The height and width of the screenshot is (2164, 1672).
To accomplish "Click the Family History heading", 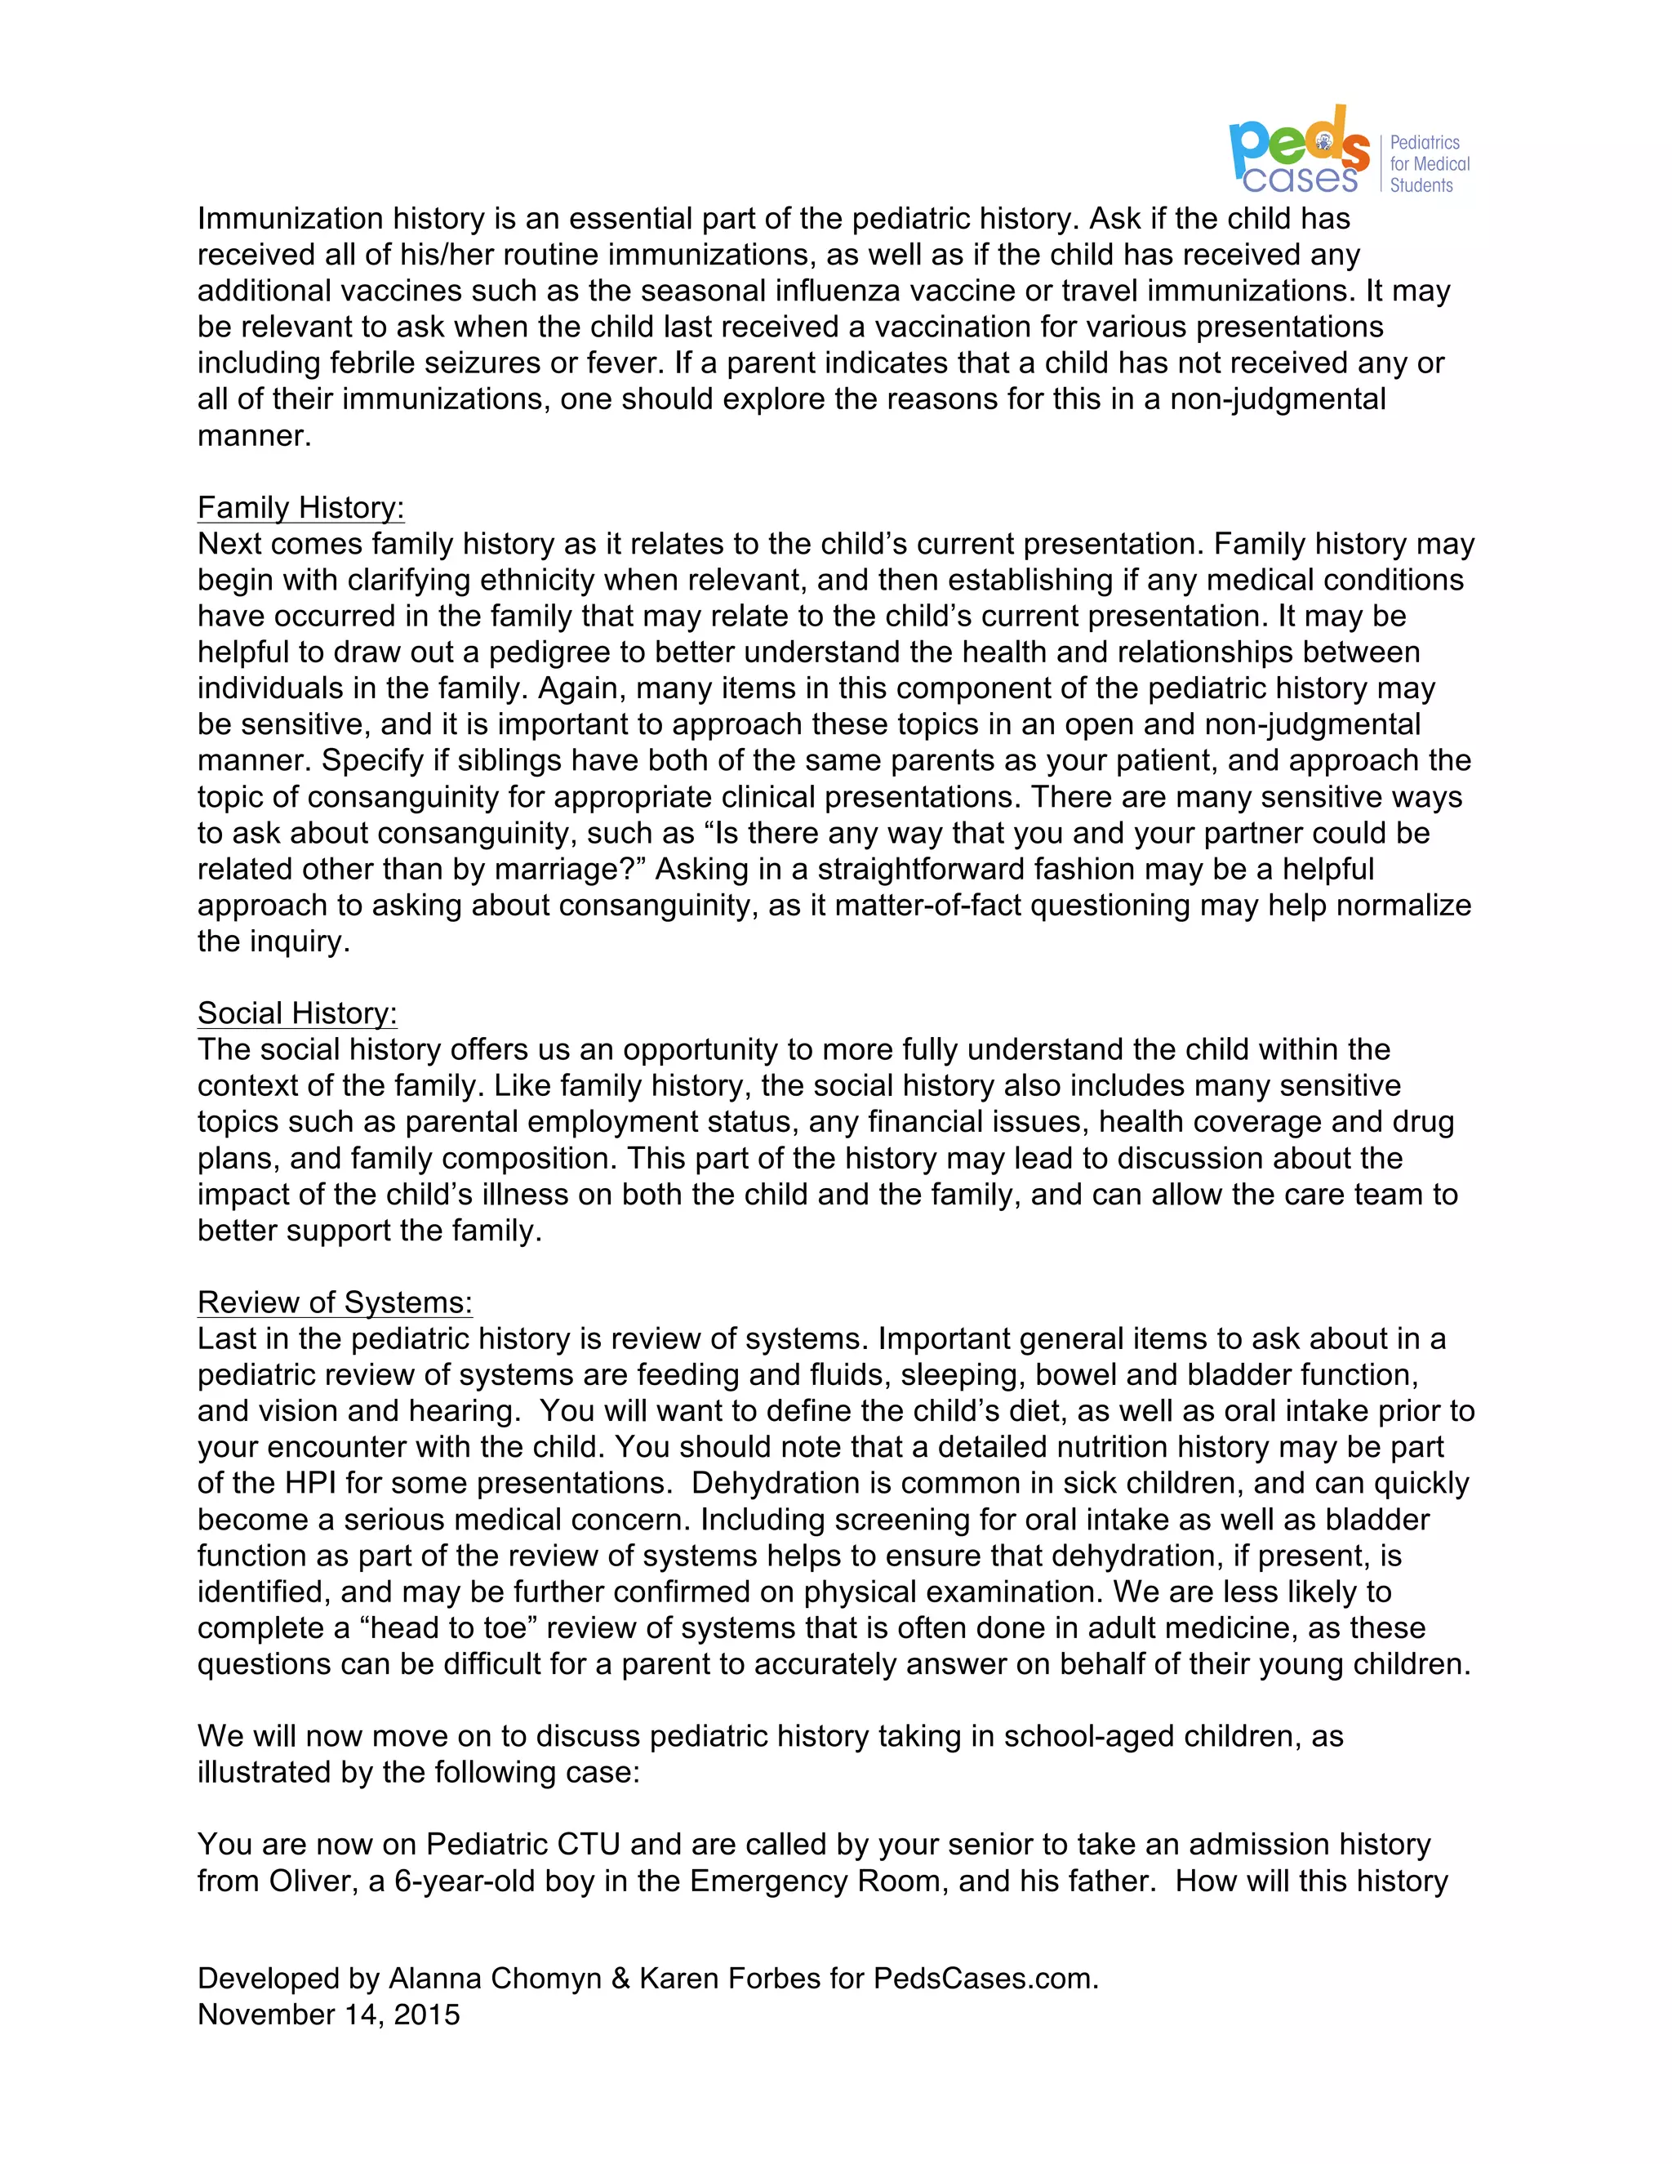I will click(300, 507).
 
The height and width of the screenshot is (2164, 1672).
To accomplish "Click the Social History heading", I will click(297, 1013).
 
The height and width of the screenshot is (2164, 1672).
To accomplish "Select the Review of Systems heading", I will click(335, 1302).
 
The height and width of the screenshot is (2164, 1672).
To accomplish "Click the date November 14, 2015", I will click(328, 2015).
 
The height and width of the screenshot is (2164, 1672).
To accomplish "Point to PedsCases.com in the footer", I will click(985, 1978).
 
